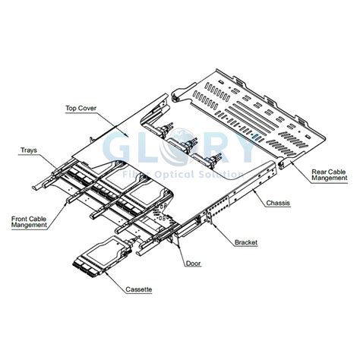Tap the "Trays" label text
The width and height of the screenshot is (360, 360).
coord(29,150)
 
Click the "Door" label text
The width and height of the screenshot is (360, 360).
coord(194,263)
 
